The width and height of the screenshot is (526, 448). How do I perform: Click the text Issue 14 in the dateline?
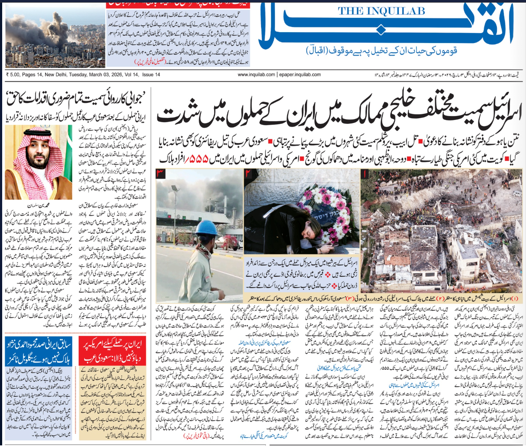tap(151, 75)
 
